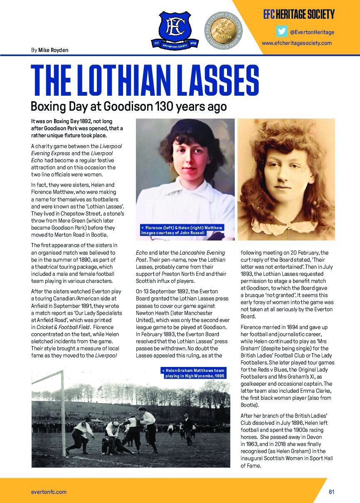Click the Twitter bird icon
point(281,32)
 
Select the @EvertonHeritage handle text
point(312,32)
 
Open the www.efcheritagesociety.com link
point(296,43)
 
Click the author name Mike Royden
point(53,50)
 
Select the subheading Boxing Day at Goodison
point(129,107)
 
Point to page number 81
point(331,492)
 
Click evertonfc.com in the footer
point(49,492)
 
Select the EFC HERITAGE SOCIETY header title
point(298,15)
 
